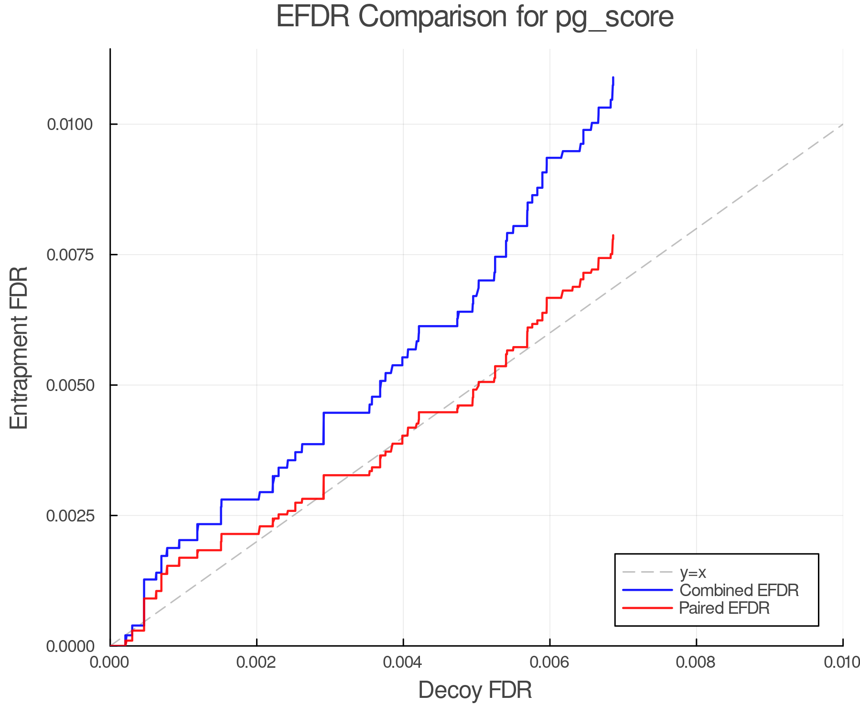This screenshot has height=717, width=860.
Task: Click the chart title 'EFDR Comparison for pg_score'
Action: pos(474,17)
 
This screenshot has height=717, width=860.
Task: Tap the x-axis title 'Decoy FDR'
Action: pos(475,690)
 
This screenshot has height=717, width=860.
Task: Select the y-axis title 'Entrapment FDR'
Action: pos(19,348)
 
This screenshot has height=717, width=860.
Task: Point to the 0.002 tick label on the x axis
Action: pos(257,662)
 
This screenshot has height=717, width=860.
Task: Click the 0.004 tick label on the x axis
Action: pos(403,662)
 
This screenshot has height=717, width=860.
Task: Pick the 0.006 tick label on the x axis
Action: pos(549,662)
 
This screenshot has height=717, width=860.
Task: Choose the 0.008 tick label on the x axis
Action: pos(696,662)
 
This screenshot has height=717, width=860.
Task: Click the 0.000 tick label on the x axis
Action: pos(110,662)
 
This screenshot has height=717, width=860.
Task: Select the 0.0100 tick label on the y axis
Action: pos(70,125)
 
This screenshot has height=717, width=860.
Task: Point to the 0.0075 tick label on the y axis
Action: pos(70,255)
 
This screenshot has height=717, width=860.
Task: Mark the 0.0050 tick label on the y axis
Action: pos(70,385)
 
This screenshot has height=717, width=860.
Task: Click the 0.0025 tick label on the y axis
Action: pos(70,516)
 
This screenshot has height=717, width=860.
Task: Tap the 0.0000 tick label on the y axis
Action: pos(70,646)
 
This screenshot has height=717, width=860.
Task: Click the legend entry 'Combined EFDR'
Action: pos(739,590)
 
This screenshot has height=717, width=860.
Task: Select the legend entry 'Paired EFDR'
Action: pos(724,608)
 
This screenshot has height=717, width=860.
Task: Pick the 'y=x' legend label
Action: pos(693,572)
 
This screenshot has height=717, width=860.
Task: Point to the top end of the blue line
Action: pos(613,77)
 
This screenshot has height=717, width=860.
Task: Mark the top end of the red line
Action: pos(613,235)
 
